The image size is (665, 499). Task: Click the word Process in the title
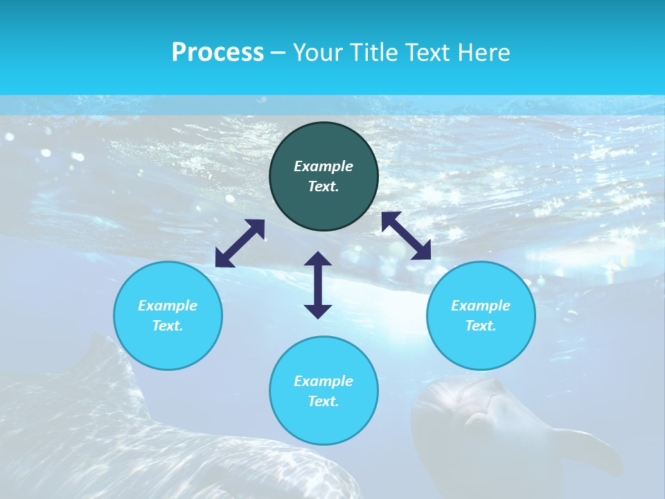[x=218, y=53]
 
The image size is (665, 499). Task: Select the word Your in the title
[x=317, y=53]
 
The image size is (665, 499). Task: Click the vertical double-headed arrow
[x=318, y=285]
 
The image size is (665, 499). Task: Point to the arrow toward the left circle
[x=240, y=243]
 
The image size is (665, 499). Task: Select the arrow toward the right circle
[x=407, y=236]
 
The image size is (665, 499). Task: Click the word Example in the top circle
[x=323, y=166]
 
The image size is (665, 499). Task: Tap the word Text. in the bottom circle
[x=323, y=401]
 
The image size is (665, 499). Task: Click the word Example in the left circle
[x=168, y=306]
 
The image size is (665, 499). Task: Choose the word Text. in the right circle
[x=481, y=326]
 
